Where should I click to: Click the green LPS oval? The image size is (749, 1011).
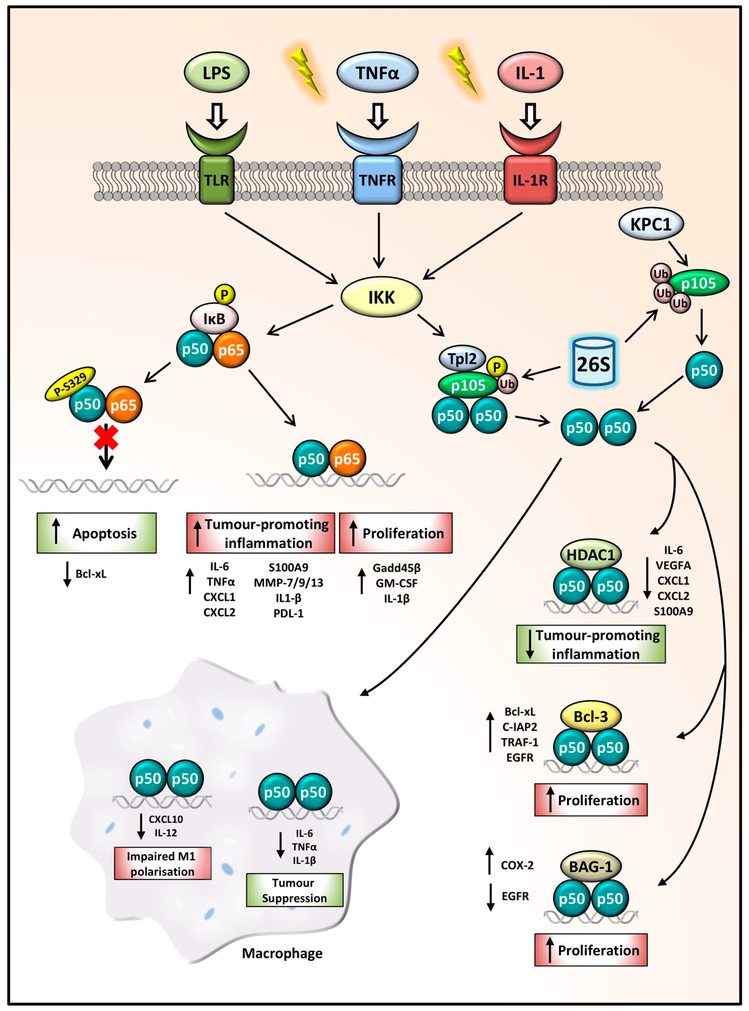[x=217, y=72]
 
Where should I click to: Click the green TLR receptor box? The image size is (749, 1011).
[x=217, y=180]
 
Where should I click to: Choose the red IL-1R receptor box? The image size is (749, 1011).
[x=530, y=180]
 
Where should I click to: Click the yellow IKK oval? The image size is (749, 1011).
[x=381, y=297]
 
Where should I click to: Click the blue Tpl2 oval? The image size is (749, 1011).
[x=462, y=359]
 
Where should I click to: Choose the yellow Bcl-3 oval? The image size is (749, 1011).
[x=591, y=716]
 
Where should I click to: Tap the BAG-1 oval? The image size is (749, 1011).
[x=591, y=867]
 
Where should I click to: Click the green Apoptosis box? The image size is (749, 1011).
[x=97, y=533]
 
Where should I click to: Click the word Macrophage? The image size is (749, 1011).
[x=282, y=953]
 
